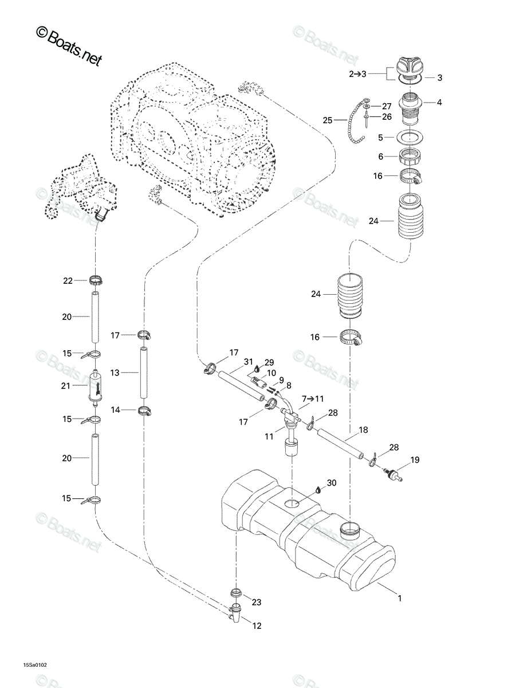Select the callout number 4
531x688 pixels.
pyautogui.click(x=439, y=102)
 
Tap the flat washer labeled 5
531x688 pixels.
pyautogui.click(x=409, y=137)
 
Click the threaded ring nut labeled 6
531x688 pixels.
pyautogui.click(x=409, y=157)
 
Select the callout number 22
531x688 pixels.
pyautogui.click(x=68, y=281)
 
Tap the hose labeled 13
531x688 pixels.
pyautogui.click(x=144, y=373)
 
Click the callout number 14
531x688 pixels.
pyautogui.click(x=115, y=410)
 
